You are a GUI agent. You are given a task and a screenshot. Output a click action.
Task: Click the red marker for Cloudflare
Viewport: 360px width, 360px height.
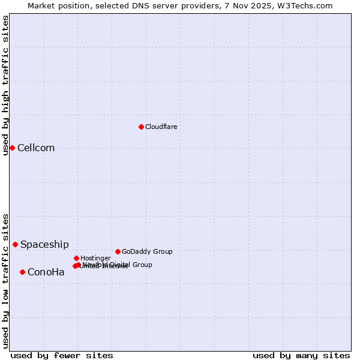[141, 127]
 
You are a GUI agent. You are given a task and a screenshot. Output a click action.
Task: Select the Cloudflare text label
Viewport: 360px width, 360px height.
[161, 127]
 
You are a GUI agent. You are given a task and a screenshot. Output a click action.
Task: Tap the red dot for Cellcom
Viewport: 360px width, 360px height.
[12, 148]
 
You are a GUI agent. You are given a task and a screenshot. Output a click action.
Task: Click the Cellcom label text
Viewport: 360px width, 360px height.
[36, 148]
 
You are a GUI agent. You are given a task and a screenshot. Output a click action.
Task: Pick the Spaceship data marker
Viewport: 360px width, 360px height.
[15, 244]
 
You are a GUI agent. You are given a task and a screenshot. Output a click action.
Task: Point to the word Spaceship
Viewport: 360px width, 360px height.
[44, 245]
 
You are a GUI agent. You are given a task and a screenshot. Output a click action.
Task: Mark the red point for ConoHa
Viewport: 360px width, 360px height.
[22, 272]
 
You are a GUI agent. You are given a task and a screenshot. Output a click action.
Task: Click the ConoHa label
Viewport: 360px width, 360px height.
[46, 272]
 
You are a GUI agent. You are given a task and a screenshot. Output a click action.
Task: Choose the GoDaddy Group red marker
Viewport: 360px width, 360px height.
[118, 251]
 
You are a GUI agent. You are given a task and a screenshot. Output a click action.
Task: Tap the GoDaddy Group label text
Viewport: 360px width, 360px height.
[147, 251]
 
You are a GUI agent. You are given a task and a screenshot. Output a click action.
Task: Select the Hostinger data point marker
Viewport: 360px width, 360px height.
[76, 258]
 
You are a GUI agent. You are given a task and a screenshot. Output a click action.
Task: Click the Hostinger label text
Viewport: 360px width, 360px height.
[95, 258]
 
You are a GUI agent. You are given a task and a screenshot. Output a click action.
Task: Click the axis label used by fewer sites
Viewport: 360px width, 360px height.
[62, 355]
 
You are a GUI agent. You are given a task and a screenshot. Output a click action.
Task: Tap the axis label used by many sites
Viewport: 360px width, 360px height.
[301, 355]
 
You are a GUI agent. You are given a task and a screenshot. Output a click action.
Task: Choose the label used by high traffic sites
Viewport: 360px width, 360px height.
[5, 85]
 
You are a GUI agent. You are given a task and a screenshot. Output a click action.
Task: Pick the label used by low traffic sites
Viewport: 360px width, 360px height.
[5, 280]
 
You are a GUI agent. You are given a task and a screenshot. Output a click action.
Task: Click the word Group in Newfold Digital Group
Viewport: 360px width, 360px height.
[142, 265]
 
